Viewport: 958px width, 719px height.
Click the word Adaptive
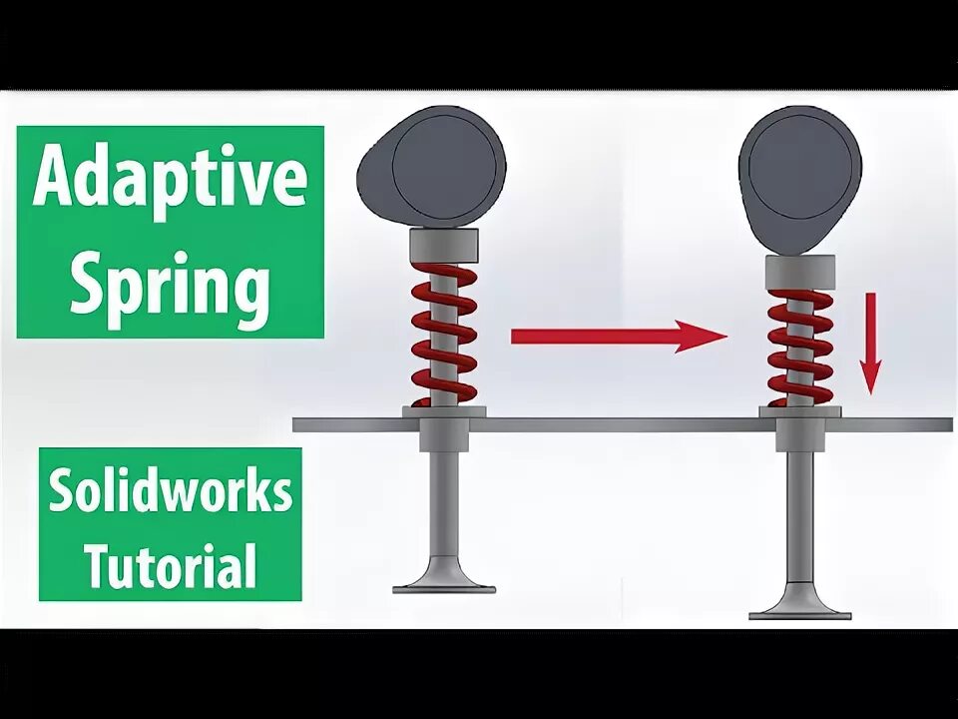pos(170,180)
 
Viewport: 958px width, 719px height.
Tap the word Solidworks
pos(171,492)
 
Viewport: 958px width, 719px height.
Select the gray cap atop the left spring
pos(444,242)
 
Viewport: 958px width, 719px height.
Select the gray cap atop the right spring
pos(800,270)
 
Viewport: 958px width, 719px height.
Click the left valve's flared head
pos(444,579)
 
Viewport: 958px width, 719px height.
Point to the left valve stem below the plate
pos(444,499)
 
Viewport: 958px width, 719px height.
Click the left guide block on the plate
pos(444,429)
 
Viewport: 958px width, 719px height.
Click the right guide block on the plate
pos(800,431)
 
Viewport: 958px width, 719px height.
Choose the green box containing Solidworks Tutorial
pos(171,525)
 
